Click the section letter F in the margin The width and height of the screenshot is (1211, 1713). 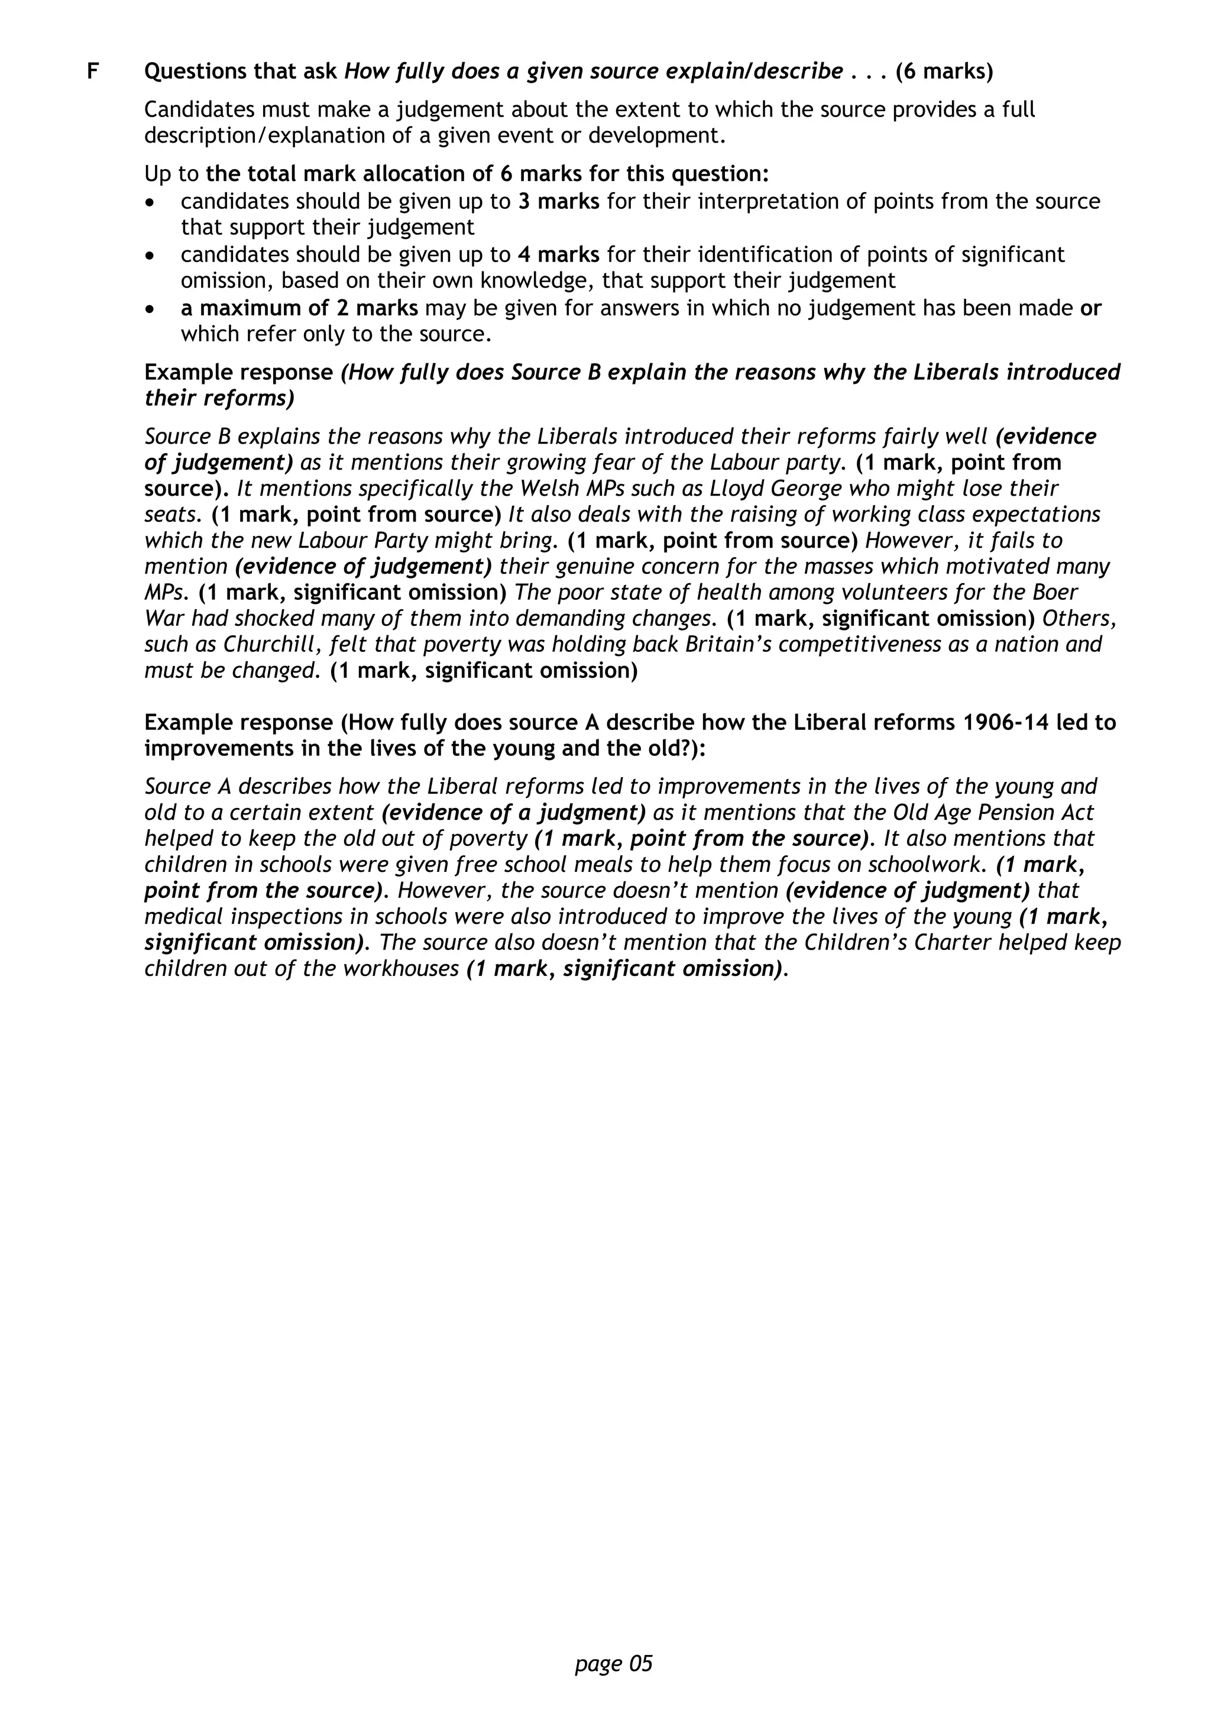[93, 72]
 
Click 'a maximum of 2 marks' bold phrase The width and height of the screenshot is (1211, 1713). [299, 308]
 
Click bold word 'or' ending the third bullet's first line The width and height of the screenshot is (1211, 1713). [1090, 308]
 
